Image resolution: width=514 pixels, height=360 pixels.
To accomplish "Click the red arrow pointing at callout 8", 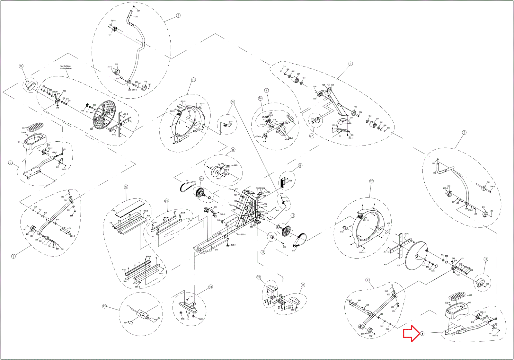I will [x=411, y=333].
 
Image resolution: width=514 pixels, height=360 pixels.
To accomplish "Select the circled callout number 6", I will [x=178, y=15].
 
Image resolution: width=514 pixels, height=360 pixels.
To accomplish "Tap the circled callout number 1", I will [x=350, y=64].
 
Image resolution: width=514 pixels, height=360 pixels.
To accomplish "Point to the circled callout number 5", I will [x=464, y=132].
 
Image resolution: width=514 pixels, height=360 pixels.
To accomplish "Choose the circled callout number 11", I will [x=193, y=80].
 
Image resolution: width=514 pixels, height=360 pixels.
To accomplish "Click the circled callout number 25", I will [x=233, y=102].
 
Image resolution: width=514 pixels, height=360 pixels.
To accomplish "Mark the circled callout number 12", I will [x=371, y=181].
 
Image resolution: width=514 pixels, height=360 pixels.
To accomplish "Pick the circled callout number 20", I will [x=126, y=187].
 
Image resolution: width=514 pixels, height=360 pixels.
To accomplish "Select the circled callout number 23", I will [x=104, y=306].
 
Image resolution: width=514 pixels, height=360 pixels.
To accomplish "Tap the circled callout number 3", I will [x=13, y=256].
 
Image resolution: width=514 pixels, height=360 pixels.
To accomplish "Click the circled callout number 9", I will [x=11, y=163].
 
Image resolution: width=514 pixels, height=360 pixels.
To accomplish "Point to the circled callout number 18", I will [x=210, y=287].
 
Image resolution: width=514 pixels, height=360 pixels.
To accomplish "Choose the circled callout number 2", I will [x=368, y=280].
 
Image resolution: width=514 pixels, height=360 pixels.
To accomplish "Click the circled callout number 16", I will [x=300, y=166].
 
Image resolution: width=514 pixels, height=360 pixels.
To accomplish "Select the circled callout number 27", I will [x=311, y=136].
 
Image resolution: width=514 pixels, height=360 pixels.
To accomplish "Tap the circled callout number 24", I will [x=166, y=201].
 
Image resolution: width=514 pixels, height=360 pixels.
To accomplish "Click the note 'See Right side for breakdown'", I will [x=66, y=67].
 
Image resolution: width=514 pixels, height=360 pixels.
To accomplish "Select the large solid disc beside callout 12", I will [x=417, y=256].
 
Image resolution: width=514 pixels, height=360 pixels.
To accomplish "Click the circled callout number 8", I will [x=422, y=334].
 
